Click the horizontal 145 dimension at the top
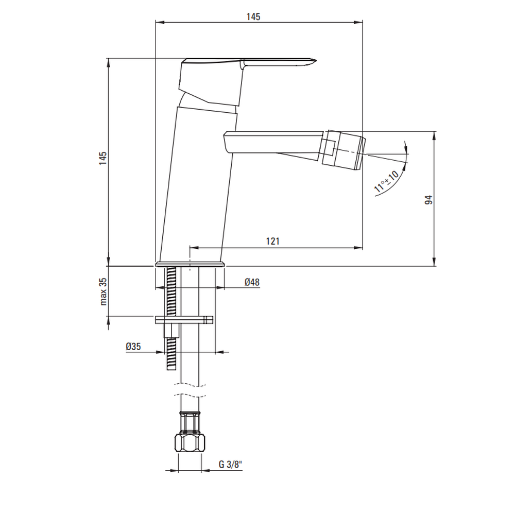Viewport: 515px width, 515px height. pos(253,17)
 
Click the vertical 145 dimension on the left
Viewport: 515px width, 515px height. pos(103,158)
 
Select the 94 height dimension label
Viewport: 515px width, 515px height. pos(428,200)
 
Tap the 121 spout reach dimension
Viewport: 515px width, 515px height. pos(272,242)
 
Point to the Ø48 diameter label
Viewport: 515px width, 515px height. pos(252,282)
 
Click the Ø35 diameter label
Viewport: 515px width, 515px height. pos(133,346)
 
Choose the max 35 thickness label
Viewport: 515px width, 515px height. pos(104,291)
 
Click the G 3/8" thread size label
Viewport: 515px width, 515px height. pos(230,465)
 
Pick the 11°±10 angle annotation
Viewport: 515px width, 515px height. pos(386,181)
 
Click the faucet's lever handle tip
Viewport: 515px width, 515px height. pos(315,61)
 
